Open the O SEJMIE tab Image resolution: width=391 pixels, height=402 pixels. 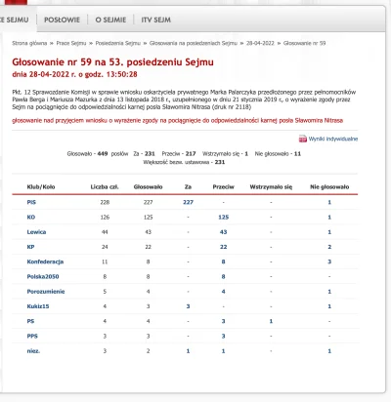coord(112,18)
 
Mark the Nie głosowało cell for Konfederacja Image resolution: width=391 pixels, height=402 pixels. coord(329,261)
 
